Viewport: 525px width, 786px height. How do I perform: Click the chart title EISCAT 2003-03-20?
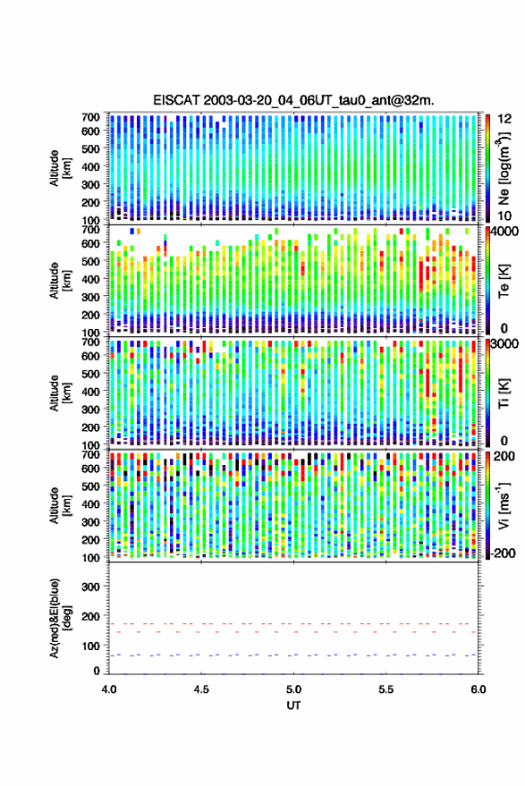coord(293,100)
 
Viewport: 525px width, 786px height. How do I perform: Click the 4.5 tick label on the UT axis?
coord(201,689)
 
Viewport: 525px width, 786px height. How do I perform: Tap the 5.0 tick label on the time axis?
coord(294,689)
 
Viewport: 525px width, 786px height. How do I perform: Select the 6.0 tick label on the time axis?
coord(478,689)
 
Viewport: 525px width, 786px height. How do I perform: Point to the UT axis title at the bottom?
coord(293,706)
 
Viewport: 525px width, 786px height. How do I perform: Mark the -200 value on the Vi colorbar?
coord(502,553)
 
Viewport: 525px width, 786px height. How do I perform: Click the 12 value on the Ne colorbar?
coord(505,118)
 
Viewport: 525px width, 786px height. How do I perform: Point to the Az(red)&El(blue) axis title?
coord(60,618)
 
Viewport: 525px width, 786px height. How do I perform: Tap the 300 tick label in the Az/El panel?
coord(91,586)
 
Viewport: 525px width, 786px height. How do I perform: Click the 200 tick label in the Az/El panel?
coord(91,615)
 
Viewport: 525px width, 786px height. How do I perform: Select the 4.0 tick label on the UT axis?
coord(109,689)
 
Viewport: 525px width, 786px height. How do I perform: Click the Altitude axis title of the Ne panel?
coord(60,168)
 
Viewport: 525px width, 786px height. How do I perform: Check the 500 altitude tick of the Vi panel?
coord(90,486)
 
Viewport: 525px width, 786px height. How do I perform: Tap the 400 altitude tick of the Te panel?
coord(90,278)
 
